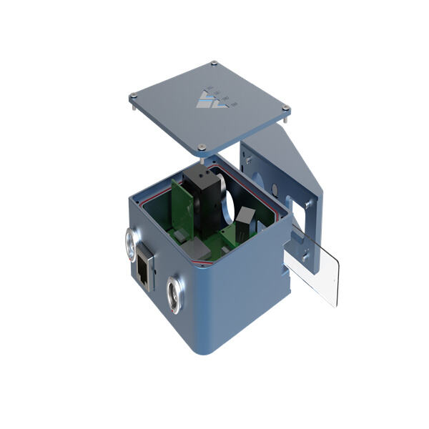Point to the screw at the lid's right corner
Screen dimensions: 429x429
click(x=286, y=109)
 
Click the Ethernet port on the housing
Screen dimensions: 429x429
click(x=146, y=267)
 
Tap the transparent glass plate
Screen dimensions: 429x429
click(x=312, y=265)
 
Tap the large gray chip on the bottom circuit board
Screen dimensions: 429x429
click(x=198, y=249)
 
